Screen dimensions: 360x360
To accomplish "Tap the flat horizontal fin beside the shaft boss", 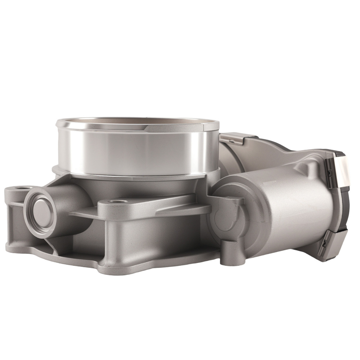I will tap(83, 214).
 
